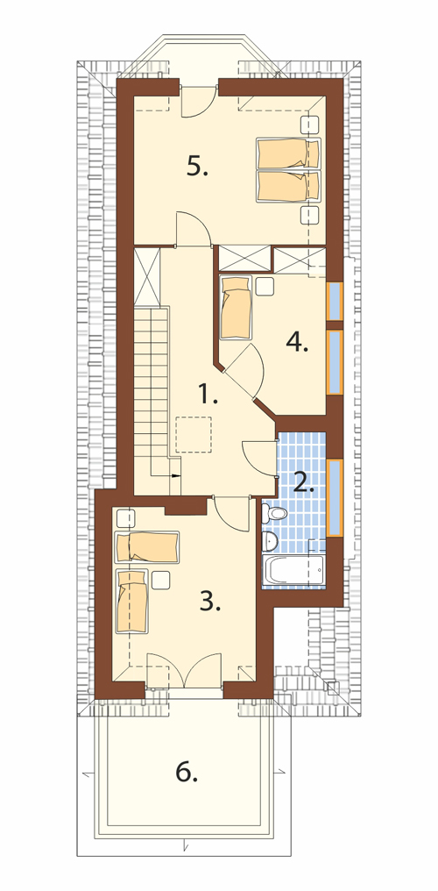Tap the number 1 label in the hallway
(x=208, y=393)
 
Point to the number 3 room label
(x=210, y=601)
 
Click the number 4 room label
(x=297, y=342)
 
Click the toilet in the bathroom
(x=275, y=514)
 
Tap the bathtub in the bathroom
(x=293, y=569)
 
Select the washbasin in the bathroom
(x=269, y=542)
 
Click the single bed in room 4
(x=236, y=308)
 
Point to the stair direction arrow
(x=175, y=475)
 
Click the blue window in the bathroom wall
(x=335, y=498)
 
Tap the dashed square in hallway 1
(x=194, y=434)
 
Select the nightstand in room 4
(x=265, y=287)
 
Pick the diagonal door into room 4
(x=243, y=372)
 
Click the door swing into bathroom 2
(x=259, y=457)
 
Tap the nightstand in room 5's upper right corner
(x=309, y=125)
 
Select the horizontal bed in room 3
(x=147, y=546)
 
